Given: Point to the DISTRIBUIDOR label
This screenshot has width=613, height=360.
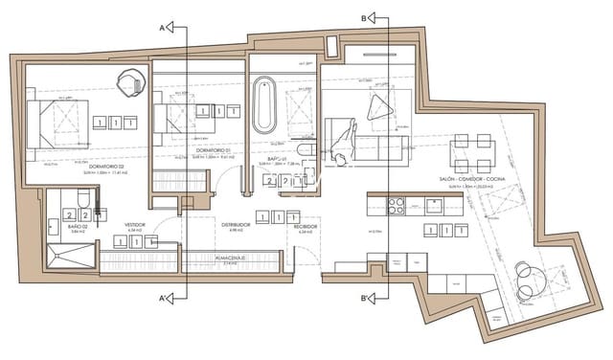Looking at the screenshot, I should click(236, 225).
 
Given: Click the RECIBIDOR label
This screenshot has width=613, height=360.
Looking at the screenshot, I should click(306, 226).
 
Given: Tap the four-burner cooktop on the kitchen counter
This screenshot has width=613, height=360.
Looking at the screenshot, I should click(397, 204).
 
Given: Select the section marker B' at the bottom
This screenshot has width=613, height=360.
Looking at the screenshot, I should click(369, 300).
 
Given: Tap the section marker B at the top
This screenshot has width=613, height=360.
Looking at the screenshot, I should click(370, 16).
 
